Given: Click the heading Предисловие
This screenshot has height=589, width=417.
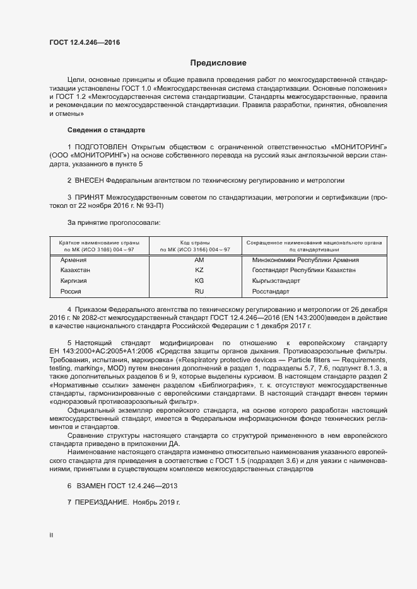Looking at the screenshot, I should coord(218,63).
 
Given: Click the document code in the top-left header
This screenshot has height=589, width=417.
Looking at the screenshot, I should coord(84,43).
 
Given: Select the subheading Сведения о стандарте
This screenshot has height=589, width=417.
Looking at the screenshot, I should coord(106,130).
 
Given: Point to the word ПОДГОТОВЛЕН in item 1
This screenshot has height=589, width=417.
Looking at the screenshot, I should coord(103,146).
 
